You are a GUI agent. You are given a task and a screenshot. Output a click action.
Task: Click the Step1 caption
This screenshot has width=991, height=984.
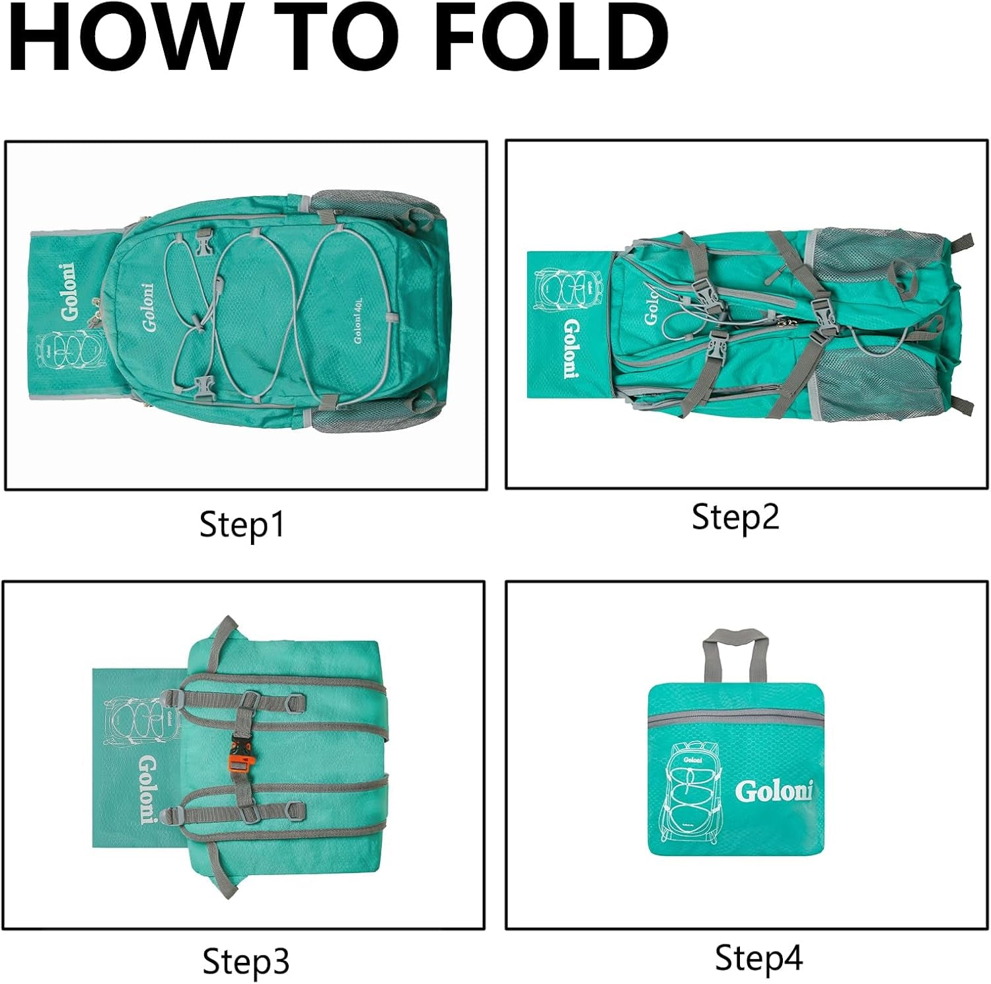242,525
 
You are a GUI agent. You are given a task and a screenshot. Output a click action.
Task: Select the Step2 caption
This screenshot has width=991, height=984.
735,516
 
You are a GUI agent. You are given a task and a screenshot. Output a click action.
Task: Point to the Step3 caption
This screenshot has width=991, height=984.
245,962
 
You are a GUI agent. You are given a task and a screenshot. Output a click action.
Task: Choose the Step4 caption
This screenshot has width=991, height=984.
758,958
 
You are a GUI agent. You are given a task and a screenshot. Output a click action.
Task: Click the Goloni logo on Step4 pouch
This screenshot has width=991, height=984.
773,791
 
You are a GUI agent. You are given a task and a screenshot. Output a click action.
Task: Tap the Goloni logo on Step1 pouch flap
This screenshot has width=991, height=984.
70,291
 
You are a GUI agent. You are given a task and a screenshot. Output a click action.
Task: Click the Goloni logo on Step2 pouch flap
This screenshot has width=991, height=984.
571,348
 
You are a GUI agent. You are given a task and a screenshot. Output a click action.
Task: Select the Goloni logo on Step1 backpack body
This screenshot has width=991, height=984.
148,308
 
